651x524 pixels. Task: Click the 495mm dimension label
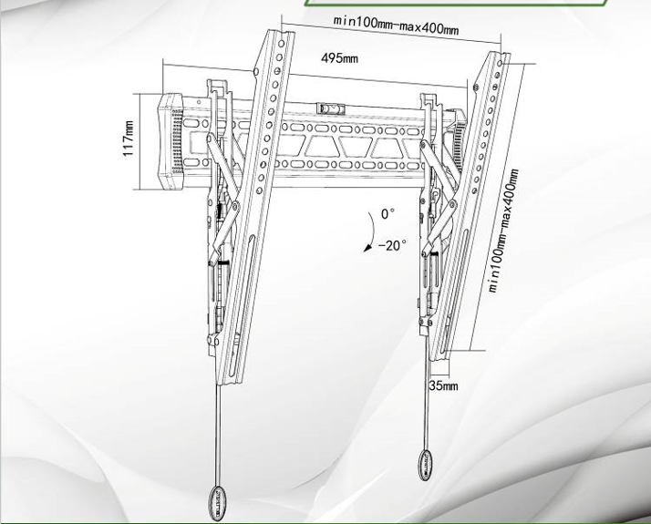point(339,58)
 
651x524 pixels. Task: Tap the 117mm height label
point(129,139)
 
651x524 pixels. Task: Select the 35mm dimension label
point(443,385)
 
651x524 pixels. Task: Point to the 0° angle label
point(387,214)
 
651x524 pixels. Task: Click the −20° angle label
point(392,245)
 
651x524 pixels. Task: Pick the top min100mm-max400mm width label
point(396,26)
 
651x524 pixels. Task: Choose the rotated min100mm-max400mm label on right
point(503,231)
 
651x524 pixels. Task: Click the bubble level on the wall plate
point(331,108)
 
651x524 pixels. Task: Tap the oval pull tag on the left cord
point(218,502)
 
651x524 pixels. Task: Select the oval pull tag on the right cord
point(425,465)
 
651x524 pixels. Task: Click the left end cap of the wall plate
point(170,141)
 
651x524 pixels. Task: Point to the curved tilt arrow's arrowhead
point(367,248)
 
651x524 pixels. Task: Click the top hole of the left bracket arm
point(282,43)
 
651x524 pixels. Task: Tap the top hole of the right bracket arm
point(500,63)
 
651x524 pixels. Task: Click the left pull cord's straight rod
point(218,435)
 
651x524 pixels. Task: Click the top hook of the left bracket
point(219,87)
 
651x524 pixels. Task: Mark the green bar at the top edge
point(456,3)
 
